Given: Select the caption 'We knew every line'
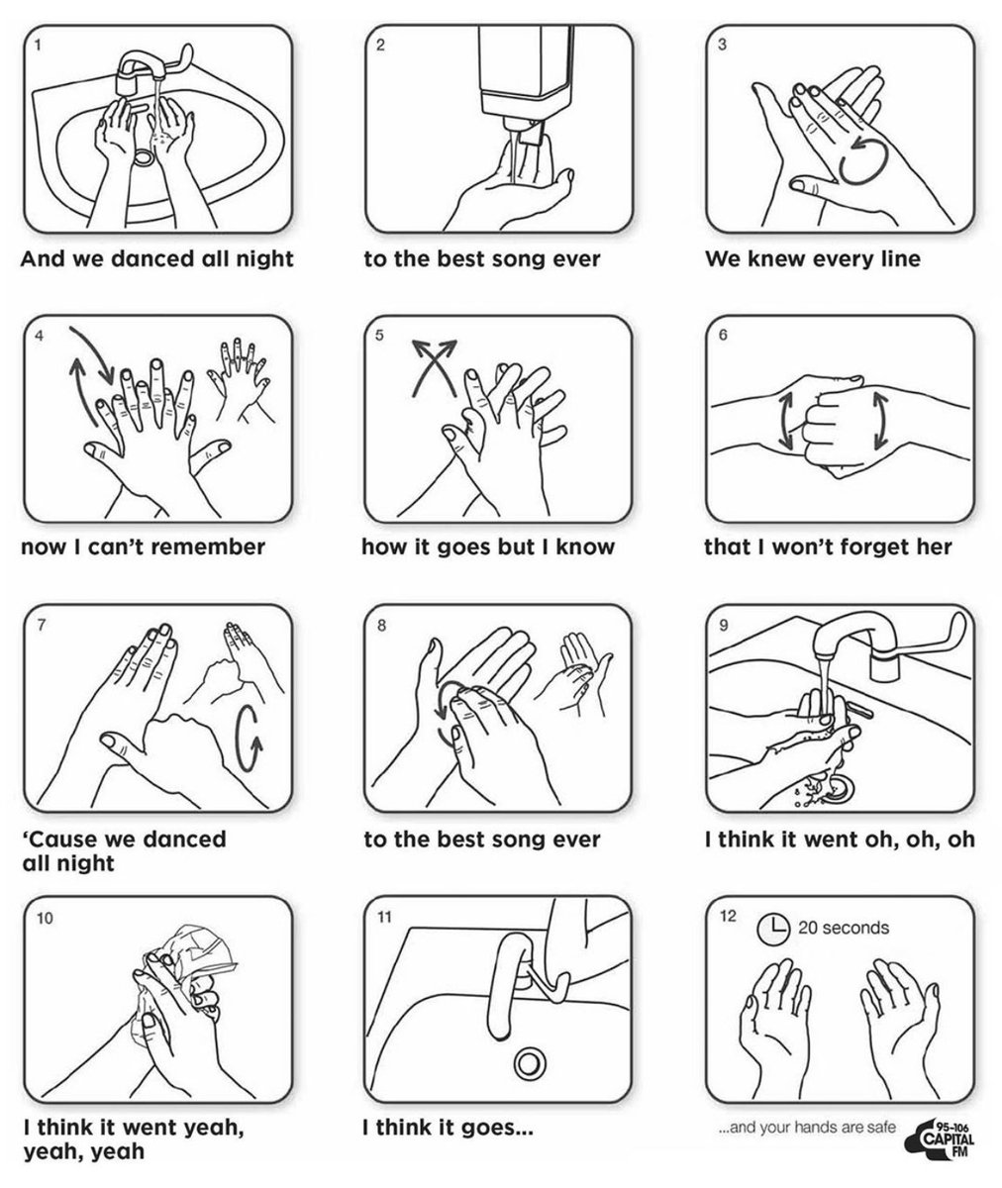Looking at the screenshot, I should [x=812, y=259].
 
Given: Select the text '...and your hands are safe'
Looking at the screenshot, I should [x=809, y=1126].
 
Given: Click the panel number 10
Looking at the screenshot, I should [x=45, y=918].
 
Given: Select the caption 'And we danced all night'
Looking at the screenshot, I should [x=157, y=259].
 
